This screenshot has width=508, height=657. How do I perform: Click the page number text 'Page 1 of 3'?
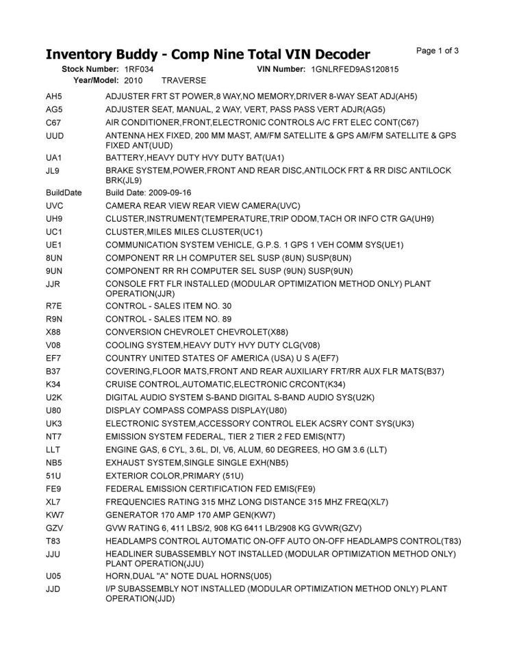[x=437, y=51]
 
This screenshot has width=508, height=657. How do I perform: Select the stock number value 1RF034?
[x=139, y=70]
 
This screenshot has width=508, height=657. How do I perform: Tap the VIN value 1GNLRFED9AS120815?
[x=355, y=70]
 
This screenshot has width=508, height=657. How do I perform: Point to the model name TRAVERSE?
[x=183, y=80]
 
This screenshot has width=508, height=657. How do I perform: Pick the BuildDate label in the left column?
[x=64, y=193]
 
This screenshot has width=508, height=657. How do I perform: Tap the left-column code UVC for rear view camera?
[x=55, y=206]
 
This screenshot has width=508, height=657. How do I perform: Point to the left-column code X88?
[x=54, y=332]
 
